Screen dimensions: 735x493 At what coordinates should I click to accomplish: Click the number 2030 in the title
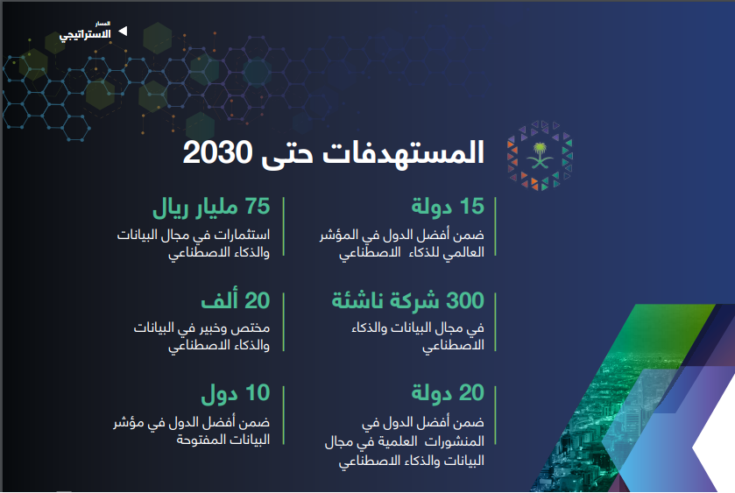point(217,152)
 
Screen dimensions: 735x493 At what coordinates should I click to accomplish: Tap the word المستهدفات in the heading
point(403,152)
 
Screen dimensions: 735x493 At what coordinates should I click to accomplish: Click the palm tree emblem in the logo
point(540,156)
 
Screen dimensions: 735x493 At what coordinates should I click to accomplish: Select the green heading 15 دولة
point(448,207)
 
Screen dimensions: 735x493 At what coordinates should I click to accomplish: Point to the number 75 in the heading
point(258,207)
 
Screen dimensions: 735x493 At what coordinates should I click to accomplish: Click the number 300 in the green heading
point(465,300)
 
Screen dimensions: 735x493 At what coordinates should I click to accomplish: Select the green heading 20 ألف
point(236,300)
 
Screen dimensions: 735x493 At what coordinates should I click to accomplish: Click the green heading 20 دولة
point(448,393)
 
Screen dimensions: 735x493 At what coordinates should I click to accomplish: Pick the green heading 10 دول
point(236,393)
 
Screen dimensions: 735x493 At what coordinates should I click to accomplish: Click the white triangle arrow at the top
point(123,31)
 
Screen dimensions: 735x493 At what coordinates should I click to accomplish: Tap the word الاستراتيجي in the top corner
point(85,35)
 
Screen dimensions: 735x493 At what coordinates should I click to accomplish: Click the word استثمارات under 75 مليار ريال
point(241,235)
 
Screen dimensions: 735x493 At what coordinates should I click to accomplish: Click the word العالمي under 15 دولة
point(464,253)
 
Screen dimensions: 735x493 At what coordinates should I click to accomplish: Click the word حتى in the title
point(286,154)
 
